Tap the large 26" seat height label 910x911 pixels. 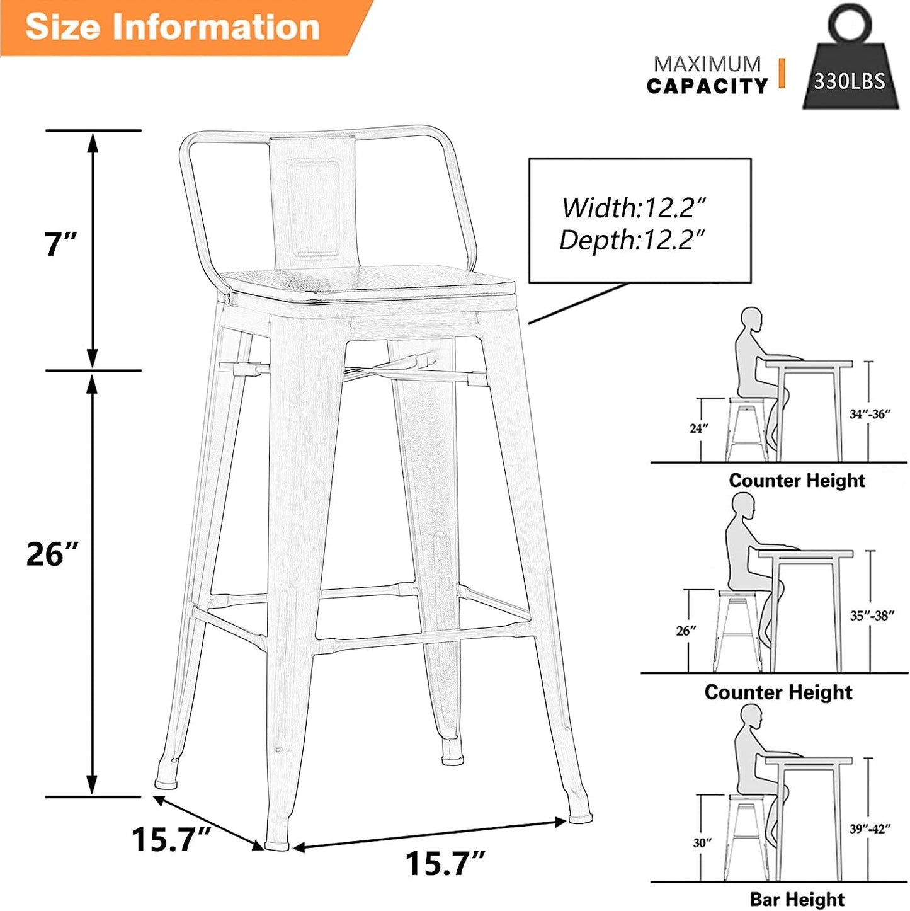pyautogui.click(x=53, y=554)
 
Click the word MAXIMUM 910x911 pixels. pyautogui.click(x=707, y=64)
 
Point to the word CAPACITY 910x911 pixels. pyautogui.click(x=707, y=86)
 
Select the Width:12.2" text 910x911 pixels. pyautogui.click(x=633, y=207)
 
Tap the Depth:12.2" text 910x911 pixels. pyautogui.click(x=632, y=240)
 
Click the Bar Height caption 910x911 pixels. pyautogui.click(x=797, y=899)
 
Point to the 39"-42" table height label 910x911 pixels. pyautogui.click(x=870, y=829)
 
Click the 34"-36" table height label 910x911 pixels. pyautogui.click(x=869, y=414)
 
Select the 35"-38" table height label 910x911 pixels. pyautogui.click(x=872, y=616)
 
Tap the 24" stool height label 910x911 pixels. pyautogui.click(x=699, y=428)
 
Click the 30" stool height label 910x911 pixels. pyautogui.click(x=702, y=842)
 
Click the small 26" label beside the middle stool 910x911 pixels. pyautogui.click(x=686, y=631)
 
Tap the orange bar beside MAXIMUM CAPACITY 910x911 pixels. pyautogui.click(x=782, y=72)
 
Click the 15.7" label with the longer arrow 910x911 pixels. pyautogui.click(x=445, y=862)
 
